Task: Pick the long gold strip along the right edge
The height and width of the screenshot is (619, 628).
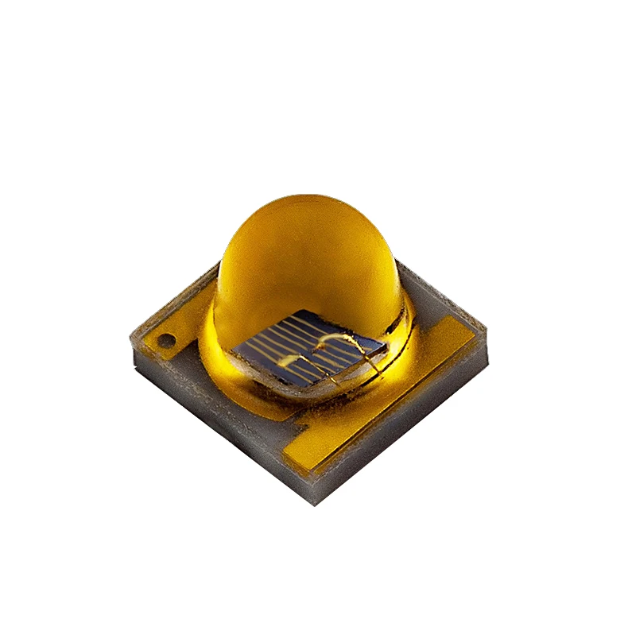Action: click(x=390, y=397)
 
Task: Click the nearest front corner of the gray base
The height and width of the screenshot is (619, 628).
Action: click(x=317, y=501)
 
